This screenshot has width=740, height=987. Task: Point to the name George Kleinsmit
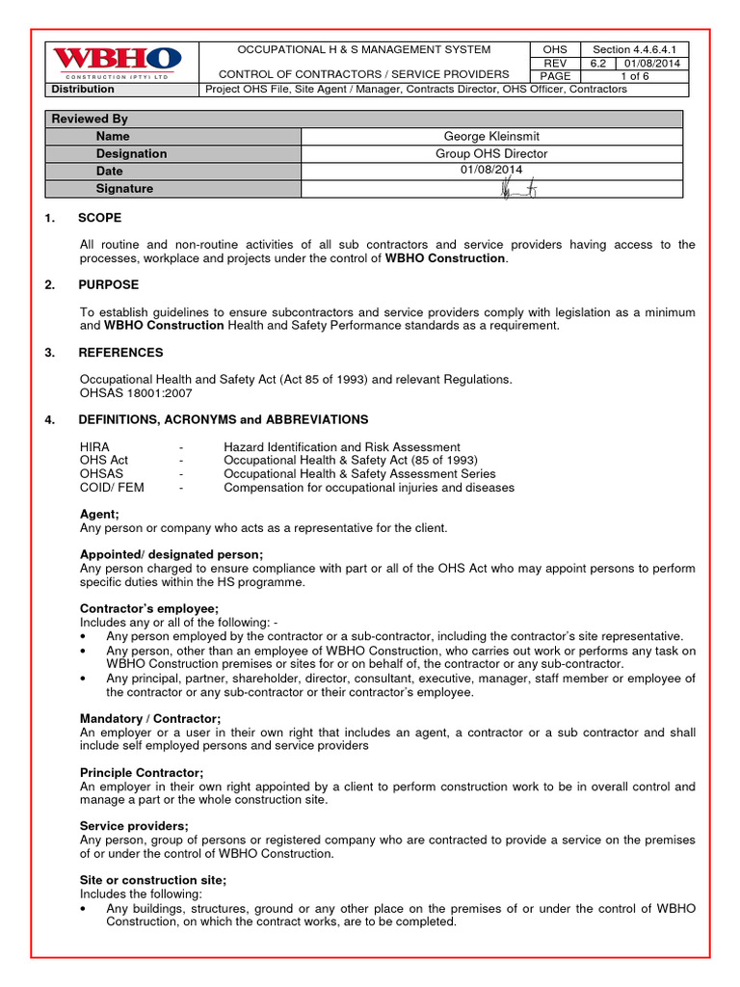tap(491, 137)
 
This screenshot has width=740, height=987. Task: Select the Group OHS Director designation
tap(491, 154)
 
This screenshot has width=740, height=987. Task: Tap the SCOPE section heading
tap(100, 218)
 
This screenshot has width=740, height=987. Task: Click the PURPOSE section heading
tap(108, 285)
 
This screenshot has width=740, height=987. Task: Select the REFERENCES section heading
tap(120, 353)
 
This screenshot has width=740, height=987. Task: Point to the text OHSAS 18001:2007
tap(136, 393)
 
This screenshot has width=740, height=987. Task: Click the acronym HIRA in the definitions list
tap(94, 447)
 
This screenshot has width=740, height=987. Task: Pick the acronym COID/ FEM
tap(112, 488)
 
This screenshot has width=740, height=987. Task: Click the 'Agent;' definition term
tap(99, 515)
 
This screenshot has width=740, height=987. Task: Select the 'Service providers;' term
tap(134, 826)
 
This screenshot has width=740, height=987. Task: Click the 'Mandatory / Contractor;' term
tap(150, 719)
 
